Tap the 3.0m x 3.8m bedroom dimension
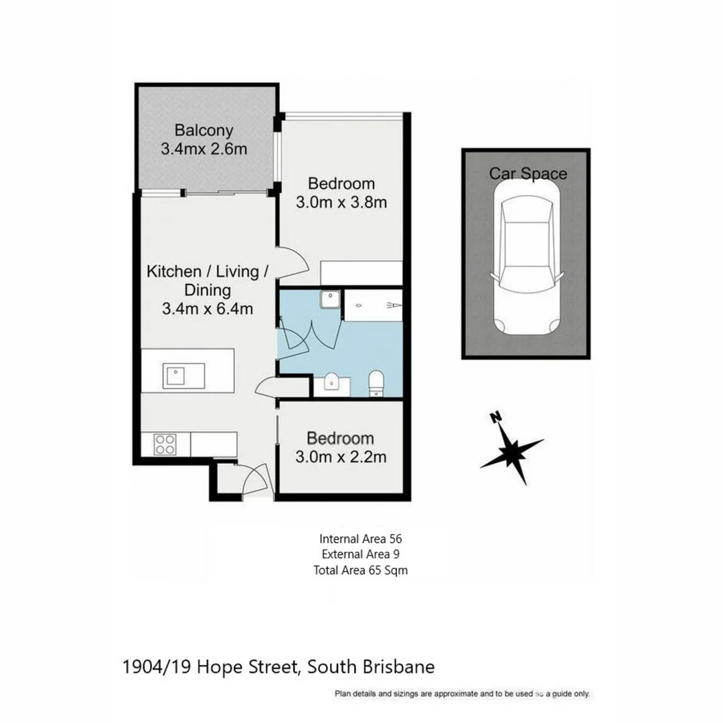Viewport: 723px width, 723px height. pyautogui.click(x=341, y=202)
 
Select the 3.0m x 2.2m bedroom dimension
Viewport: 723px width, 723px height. pyautogui.click(x=341, y=458)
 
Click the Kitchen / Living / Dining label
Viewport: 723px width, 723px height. pyautogui.click(x=208, y=280)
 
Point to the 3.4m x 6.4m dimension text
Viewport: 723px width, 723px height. pyautogui.click(x=208, y=309)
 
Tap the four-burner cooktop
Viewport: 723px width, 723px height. pyautogui.click(x=165, y=444)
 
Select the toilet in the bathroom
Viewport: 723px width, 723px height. pyautogui.click(x=376, y=383)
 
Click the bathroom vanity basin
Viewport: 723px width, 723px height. pyautogui.click(x=331, y=384)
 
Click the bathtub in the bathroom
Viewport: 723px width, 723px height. pyautogui.click(x=374, y=305)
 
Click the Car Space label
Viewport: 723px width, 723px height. pyautogui.click(x=528, y=174)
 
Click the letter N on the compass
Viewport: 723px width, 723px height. pyautogui.click(x=496, y=418)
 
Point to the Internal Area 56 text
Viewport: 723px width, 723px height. pyautogui.click(x=360, y=538)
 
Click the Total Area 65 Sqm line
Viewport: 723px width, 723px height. pyautogui.click(x=360, y=570)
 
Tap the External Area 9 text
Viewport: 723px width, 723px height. pyautogui.click(x=360, y=554)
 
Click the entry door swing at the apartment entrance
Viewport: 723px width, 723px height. pyautogui.click(x=254, y=481)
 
